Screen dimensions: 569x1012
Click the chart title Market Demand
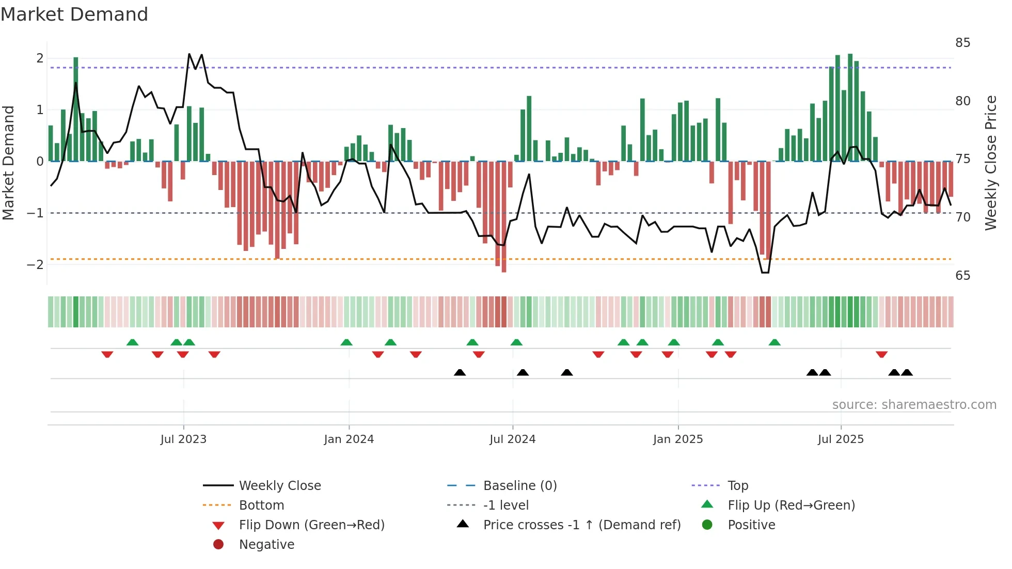coord(74,14)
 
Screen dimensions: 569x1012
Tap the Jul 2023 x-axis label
coord(183,439)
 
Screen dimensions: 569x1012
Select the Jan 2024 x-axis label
coord(349,439)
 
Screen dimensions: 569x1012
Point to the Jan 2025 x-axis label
coord(677,439)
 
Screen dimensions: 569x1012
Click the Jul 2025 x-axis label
coord(841,439)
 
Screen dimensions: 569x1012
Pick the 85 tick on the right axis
coord(962,43)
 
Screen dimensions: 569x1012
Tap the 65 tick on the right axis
coord(962,276)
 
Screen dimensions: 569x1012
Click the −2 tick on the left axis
coord(35,265)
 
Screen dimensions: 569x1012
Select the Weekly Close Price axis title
coord(990,163)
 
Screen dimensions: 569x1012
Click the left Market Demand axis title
coord(8,163)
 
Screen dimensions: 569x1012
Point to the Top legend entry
coord(737,486)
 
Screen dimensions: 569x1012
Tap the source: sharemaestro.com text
coord(914,405)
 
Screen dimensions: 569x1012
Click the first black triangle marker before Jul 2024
coord(460,372)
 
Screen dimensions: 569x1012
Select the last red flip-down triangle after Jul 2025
coord(881,354)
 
